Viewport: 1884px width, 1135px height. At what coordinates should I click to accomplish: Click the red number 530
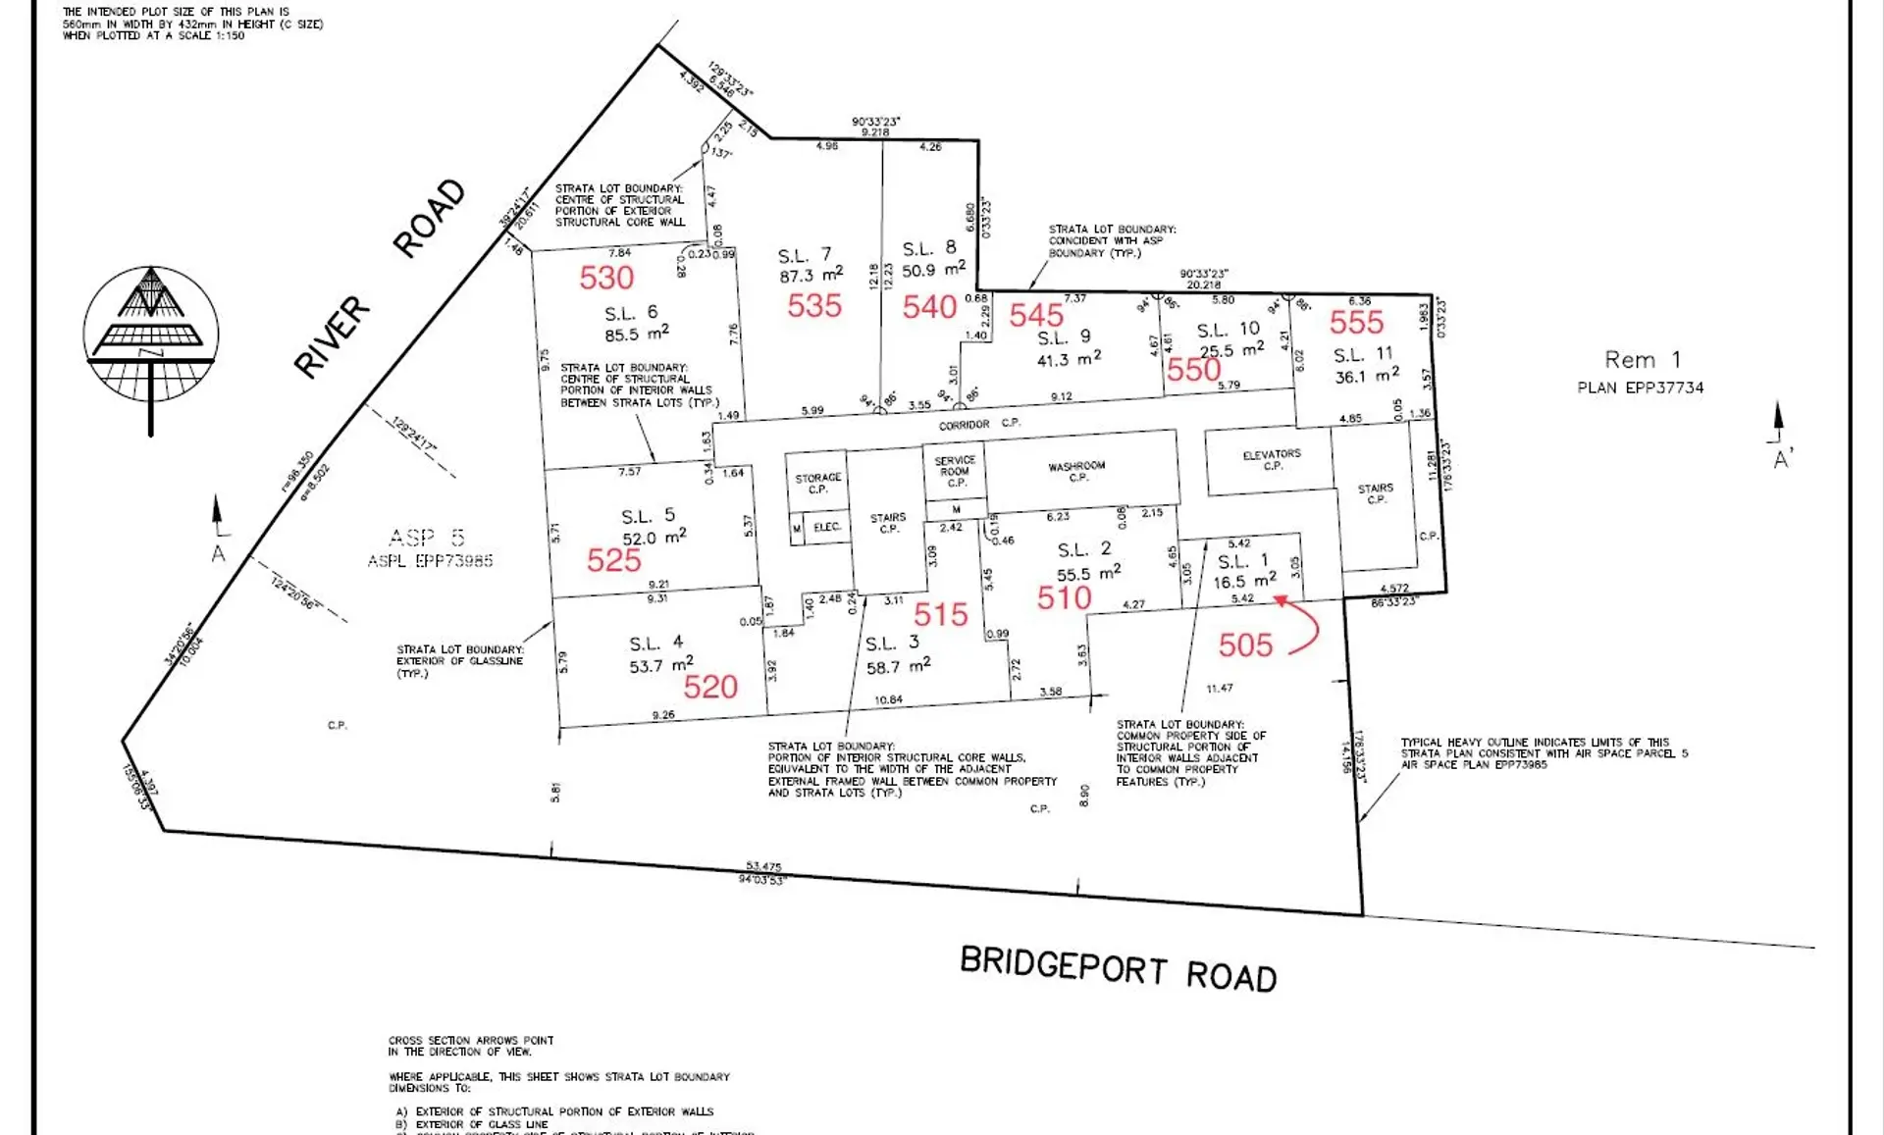coord(606,278)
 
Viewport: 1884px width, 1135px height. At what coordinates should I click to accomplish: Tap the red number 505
coord(1245,645)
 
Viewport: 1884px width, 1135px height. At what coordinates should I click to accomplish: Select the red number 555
coord(1356,322)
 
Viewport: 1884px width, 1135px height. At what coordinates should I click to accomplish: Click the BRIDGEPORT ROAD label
coord(1118,969)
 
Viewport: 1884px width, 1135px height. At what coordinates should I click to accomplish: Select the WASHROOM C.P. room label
coord(1076,472)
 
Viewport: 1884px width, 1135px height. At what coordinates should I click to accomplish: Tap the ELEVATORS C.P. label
coord(1272,460)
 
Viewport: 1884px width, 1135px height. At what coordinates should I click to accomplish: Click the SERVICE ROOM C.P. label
coord(955,471)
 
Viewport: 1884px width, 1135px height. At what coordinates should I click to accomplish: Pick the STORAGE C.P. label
coord(817,483)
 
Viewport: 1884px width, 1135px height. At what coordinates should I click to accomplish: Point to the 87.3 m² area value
coord(811,276)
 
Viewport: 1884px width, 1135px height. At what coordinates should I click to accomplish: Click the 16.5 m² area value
coord(1244,581)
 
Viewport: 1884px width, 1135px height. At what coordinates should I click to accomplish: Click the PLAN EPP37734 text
coord(1640,387)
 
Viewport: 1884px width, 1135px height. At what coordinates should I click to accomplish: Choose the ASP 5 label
coord(427,538)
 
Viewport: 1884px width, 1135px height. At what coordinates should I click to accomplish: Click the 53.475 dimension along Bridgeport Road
coord(763,866)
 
